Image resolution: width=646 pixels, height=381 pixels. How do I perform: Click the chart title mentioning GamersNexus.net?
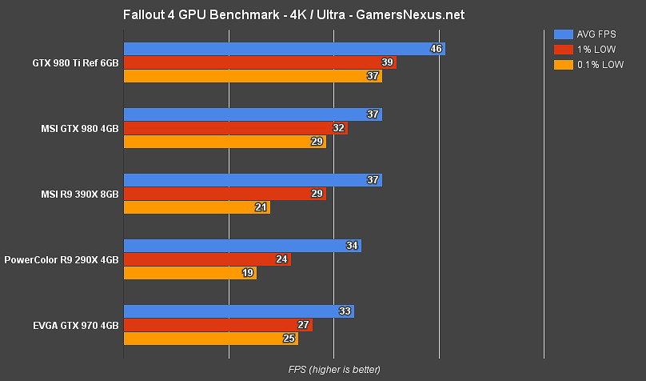293,15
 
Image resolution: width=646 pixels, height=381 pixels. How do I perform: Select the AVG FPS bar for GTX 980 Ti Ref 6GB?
284,49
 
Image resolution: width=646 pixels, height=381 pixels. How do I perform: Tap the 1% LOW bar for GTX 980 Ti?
260,62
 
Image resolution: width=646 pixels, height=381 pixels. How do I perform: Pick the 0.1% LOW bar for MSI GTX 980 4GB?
225,142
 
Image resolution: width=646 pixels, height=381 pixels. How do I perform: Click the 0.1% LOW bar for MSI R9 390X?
197,207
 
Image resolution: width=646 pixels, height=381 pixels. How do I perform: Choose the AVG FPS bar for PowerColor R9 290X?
242,246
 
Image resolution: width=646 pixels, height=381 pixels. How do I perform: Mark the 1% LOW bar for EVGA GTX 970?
217,325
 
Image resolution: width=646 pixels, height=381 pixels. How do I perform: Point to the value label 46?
436,49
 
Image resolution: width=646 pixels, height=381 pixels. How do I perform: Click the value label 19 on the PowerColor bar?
247,273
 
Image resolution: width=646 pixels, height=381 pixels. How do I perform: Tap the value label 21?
261,207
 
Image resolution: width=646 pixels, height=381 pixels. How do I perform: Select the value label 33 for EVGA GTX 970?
345,311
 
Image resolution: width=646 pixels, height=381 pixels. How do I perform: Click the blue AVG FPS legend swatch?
562,34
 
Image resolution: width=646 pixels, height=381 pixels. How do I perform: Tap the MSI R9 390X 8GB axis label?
80,194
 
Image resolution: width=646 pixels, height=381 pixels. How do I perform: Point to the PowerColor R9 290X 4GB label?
62,259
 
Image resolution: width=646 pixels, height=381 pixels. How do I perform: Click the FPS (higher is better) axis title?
334,369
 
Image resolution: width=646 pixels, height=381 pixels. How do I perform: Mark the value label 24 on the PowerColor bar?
281,259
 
